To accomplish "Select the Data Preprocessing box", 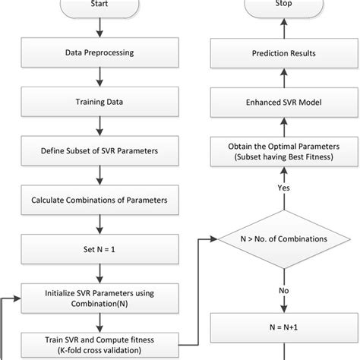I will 99,52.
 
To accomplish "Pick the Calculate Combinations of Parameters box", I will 99,201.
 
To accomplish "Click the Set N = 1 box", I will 99,248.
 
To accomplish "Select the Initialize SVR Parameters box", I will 99,295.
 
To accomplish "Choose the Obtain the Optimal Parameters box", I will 282,151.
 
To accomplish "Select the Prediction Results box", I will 282,52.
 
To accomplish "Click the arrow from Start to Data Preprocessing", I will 99,27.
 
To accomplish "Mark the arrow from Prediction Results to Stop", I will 282,28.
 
